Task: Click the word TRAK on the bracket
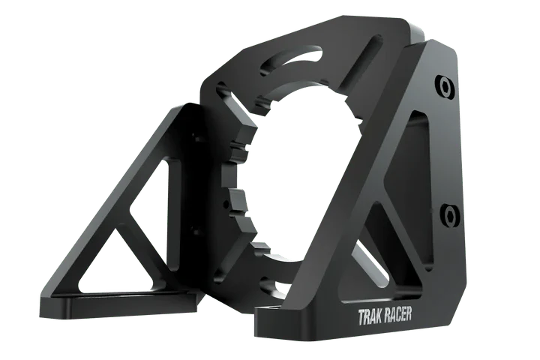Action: point(370,317)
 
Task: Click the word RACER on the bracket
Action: point(397,314)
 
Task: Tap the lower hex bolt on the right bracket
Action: point(450,215)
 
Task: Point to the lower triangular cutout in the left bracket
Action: point(114,262)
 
